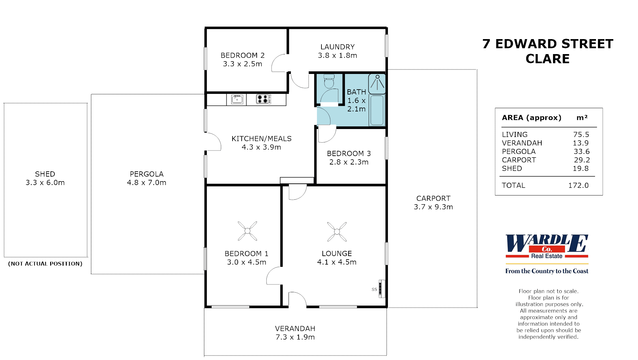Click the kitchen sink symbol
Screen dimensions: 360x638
point(237,99)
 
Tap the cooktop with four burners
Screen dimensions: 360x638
point(263,99)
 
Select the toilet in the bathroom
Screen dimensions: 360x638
point(329,81)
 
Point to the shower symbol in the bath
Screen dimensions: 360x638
point(377,83)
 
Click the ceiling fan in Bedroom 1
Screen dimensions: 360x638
point(248,231)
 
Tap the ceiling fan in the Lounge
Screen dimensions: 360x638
point(337,232)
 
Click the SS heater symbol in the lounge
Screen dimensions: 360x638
point(382,289)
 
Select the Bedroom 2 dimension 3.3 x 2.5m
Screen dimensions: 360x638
point(242,64)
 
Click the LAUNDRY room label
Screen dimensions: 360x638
point(337,47)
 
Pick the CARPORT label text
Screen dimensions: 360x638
point(433,198)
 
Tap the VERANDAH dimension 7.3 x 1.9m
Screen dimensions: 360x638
point(295,337)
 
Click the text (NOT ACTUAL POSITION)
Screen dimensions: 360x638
point(45,264)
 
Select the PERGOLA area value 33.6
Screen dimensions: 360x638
point(581,151)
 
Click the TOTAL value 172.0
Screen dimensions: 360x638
point(578,185)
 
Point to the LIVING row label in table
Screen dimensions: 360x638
point(515,135)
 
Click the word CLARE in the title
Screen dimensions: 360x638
point(547,59)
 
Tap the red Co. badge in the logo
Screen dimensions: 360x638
point(547,249)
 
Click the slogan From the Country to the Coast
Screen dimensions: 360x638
point(547,271)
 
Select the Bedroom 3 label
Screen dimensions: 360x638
point(349,153)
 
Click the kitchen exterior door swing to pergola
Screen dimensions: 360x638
point(213,142)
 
